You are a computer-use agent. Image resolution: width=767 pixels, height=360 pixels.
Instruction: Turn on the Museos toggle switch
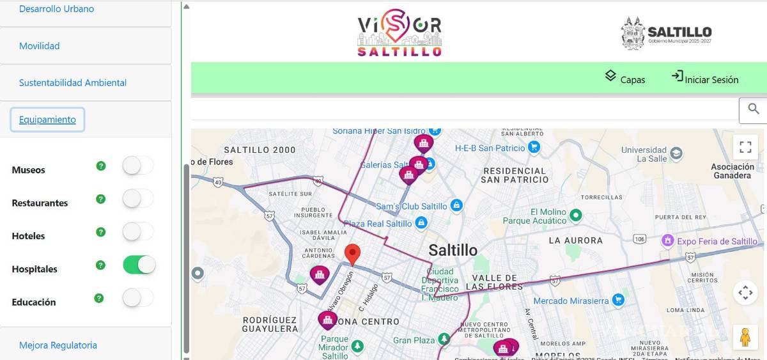click(138, 166)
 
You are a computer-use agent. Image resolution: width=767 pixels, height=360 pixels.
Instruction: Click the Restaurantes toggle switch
click(138, 199)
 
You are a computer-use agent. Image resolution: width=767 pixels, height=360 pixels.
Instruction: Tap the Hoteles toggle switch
click(138, 231)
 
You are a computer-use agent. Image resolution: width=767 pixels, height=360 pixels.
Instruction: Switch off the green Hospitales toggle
click(139, 265)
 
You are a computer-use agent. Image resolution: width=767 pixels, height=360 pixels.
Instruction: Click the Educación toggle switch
click(138, 298)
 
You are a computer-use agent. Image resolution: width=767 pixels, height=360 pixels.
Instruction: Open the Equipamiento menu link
click(47, 120)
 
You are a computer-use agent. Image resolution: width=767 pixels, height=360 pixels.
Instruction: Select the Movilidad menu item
click(40, 46)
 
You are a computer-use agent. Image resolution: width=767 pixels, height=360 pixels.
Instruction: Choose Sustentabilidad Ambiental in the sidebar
click(73, 82)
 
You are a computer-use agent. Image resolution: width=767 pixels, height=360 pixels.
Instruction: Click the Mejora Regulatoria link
click(58, 345)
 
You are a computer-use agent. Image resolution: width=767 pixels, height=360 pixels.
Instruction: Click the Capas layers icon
click(611, 76)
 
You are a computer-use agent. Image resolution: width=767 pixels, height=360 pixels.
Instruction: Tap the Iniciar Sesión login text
click(711, 80)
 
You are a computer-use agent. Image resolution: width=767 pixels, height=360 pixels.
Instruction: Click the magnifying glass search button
click(754, 109)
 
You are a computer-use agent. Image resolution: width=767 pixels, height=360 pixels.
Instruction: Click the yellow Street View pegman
click(745, 337)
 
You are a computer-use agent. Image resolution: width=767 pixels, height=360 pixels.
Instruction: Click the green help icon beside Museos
click(100, 166)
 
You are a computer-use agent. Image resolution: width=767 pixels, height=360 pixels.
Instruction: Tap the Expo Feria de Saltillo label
click(717, 241)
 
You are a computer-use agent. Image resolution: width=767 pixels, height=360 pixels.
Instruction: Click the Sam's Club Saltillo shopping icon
click(456, 206)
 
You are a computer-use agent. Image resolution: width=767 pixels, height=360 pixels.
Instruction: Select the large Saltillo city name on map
click(453, 250)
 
